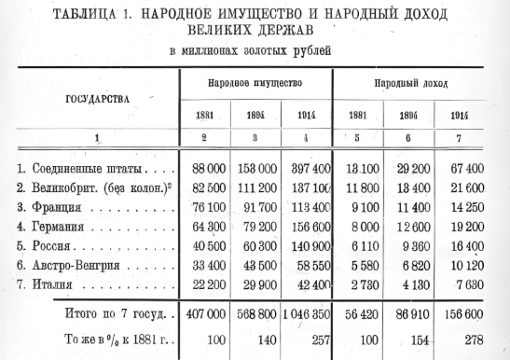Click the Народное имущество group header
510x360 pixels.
tap(256, 84)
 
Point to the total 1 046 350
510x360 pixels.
tap(309, 313)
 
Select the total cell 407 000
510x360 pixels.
tap(205, 313)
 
